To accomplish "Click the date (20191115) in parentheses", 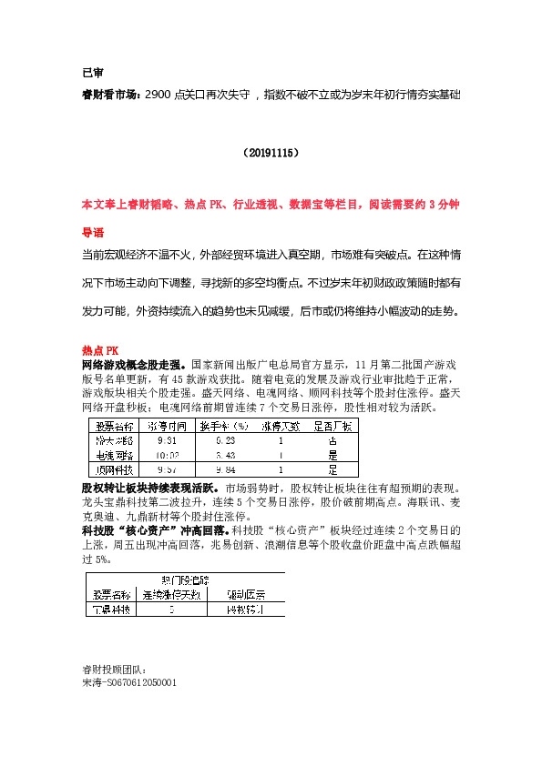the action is pos(271,155).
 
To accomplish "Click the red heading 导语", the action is pos(93,232).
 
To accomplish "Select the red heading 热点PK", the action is pos(100,349).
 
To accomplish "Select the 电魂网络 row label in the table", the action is pos(116,454).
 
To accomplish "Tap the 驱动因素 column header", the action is pos(246,594).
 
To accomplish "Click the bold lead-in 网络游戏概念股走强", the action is pos(133,362).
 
